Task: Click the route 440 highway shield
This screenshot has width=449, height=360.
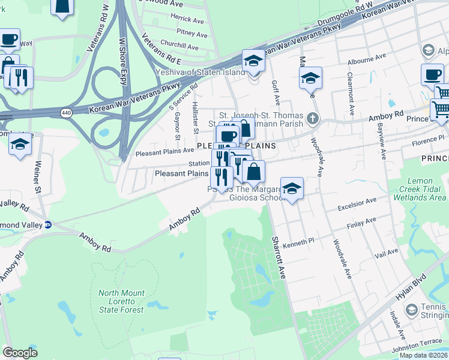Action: pos(64,112)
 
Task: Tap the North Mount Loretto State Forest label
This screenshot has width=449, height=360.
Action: pos(121,301)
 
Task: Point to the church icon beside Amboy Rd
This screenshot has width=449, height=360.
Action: pos(312,118)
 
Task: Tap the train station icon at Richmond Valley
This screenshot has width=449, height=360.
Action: pos(48,224)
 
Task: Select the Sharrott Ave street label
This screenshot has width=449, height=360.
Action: pos(278,257)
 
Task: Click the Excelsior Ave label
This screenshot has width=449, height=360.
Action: pos(357,203)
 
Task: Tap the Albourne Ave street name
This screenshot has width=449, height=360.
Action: pos(366,59)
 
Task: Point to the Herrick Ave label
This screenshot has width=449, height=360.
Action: pos(188,19)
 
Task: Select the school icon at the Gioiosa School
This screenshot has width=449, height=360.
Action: pos(292,188)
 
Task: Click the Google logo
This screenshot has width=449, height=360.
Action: pos(20,353)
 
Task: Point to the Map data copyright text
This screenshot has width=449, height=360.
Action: pos(423,355)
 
